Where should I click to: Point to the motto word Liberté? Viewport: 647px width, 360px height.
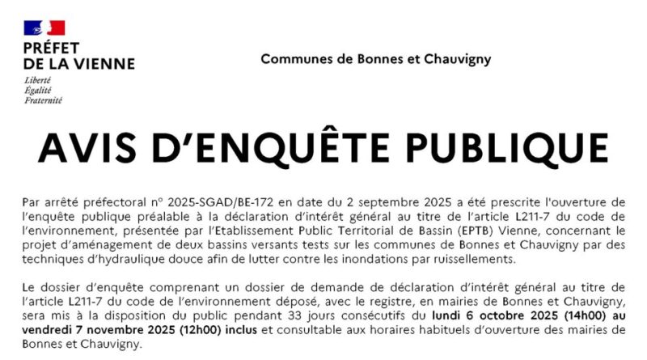tap(38, 81)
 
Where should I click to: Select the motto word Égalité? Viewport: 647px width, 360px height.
tap(37, 91)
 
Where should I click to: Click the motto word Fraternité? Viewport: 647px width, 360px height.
tap(43, 100)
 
